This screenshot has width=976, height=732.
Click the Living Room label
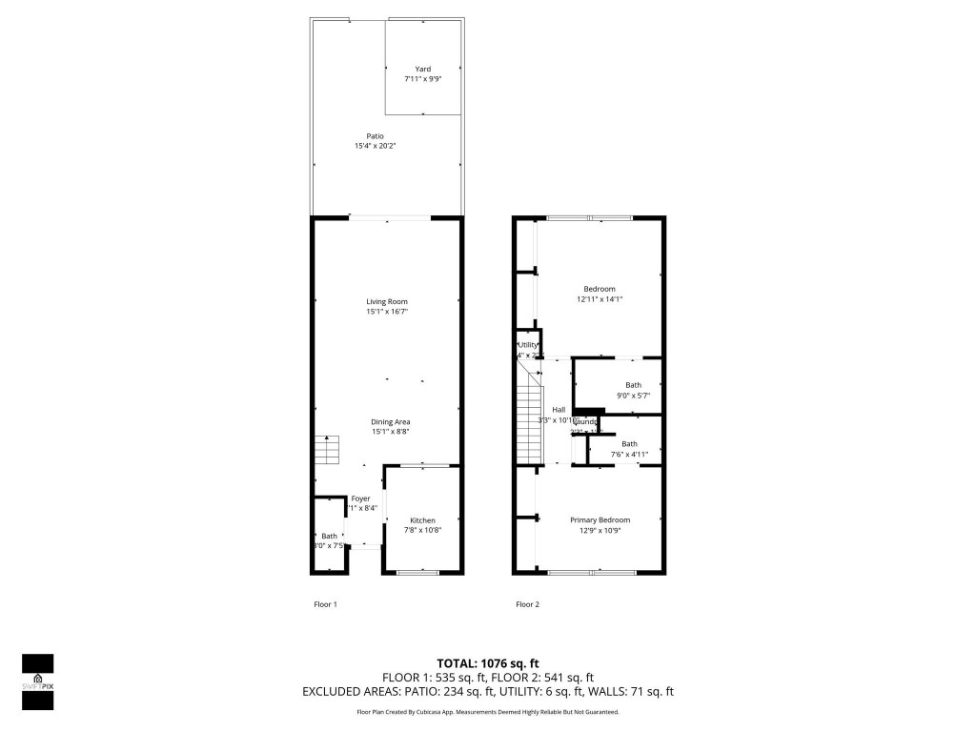click(x=387, y=301)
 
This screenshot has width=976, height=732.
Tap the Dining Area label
click(x=391, y=421)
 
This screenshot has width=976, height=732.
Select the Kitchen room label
click(x=422, y=520)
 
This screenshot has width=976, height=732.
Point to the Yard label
click(x=422, y=69)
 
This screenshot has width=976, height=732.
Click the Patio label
click(x=376, y=135)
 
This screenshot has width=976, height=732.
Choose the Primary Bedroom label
click(x=600, y=519)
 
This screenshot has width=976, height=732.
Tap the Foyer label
click(x=360, y=498)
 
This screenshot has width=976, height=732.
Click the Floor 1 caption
click(x=326, y=604)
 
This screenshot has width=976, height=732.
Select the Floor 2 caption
click(x=527, y=604)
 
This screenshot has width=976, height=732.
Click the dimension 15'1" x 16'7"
click(x=387, y=312)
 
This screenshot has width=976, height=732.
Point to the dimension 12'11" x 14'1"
click(x=600, y=299)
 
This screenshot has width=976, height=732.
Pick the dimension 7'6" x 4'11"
click(x=629, y=455)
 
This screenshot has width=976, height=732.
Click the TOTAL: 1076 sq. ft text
click(x=488, y=663)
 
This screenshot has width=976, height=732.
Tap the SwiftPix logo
click(x=37, y=681)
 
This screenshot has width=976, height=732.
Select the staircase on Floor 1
click(x=326, y=449)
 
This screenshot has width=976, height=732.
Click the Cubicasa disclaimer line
click(x=488, y=712)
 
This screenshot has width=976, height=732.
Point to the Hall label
click(x=559, y=410)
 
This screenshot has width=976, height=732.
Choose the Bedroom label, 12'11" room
click(x=600, y=289)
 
